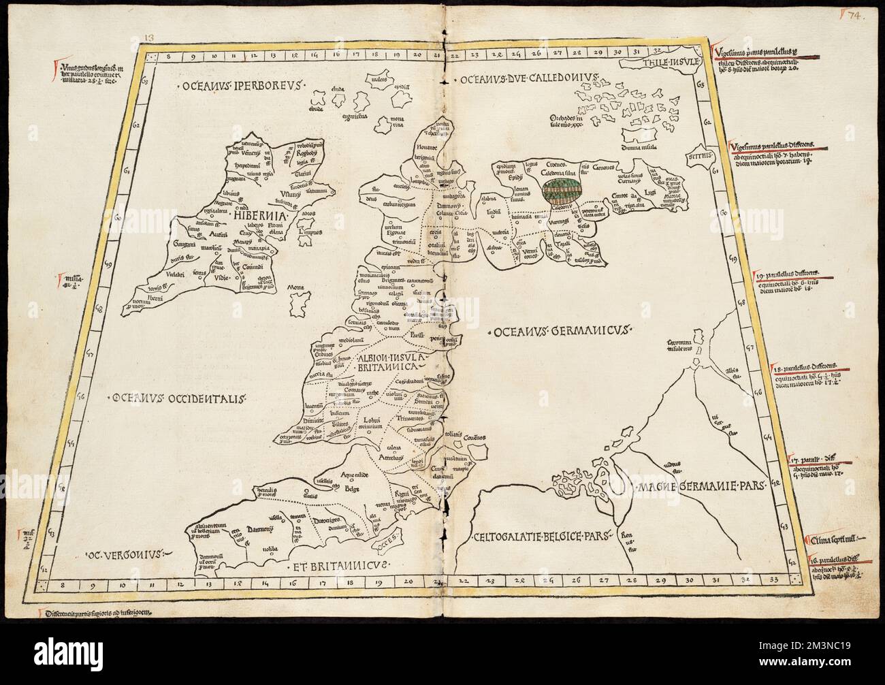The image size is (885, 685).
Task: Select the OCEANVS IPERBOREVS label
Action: (x=225, y=86)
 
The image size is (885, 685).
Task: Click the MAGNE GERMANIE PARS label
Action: (x=701, y=486)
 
